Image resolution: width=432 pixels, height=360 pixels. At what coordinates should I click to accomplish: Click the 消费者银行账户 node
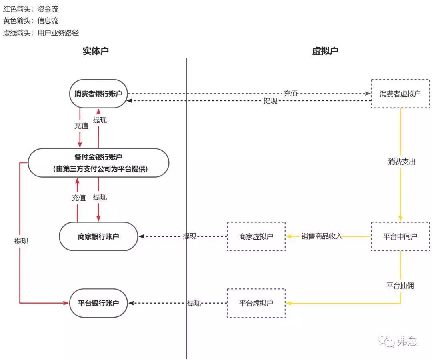98,94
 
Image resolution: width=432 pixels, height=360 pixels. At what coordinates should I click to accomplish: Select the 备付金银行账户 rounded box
98,163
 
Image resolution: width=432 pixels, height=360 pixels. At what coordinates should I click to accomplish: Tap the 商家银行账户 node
98,236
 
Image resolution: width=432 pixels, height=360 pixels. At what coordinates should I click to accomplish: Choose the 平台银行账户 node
98,303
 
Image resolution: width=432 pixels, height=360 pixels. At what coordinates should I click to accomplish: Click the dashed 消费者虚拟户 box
400,94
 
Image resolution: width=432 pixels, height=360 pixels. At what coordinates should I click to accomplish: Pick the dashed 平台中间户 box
400,236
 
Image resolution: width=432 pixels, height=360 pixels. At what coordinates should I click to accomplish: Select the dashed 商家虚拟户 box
256,236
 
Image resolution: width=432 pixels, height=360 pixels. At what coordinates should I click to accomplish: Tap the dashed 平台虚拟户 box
256,303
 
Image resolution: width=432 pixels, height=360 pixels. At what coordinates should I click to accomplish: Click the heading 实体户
96,51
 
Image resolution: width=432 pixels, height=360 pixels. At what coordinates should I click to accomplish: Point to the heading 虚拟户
325,51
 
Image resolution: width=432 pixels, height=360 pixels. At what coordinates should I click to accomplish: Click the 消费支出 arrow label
402,162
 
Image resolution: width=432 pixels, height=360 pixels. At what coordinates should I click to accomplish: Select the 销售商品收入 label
322,236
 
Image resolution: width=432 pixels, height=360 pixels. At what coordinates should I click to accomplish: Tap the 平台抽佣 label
400,286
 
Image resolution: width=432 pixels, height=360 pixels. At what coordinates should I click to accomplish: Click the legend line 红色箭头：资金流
30,9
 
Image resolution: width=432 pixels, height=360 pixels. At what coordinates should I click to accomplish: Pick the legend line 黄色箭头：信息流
30,21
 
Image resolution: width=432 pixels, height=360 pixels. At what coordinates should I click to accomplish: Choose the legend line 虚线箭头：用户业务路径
41,33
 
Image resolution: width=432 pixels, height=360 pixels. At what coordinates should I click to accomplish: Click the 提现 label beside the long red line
21,241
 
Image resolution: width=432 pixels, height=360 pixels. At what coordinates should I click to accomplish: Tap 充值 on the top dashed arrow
291,93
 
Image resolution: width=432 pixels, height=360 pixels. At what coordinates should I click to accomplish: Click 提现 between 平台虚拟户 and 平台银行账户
194,303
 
